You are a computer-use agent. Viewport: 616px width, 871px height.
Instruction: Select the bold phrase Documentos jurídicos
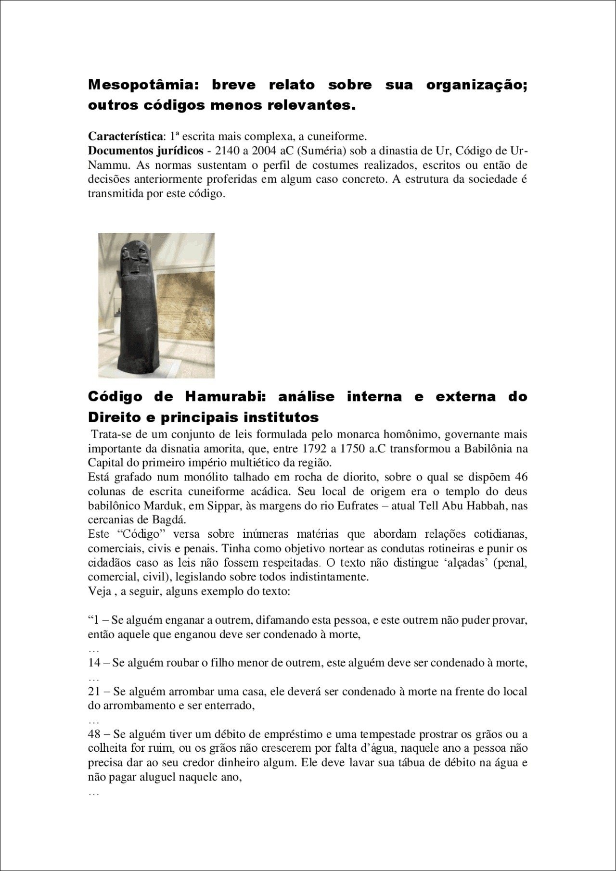[x=145, y=151]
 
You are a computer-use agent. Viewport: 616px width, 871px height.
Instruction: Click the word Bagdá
[x=171, y=520]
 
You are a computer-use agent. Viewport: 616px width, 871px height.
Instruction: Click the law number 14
[x=94, y=663]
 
